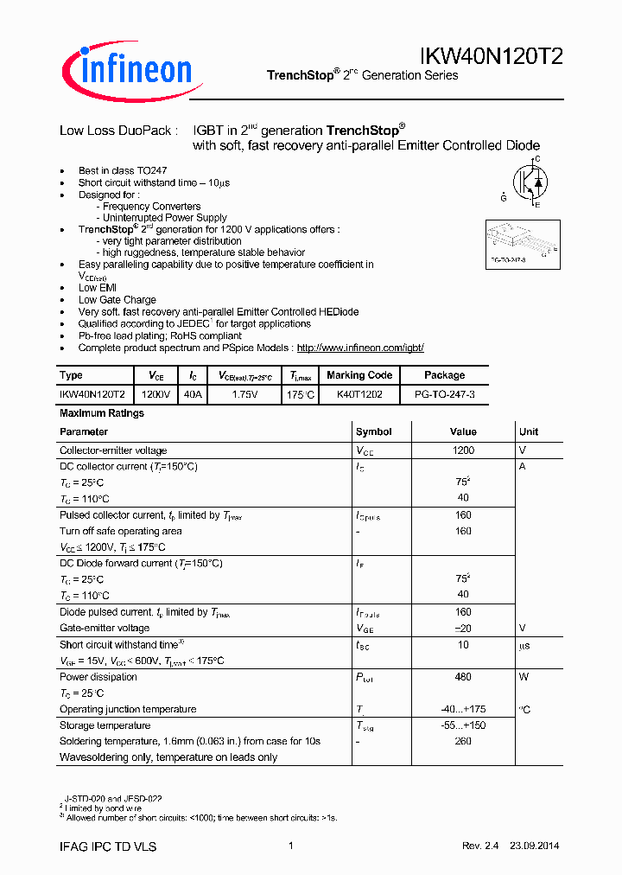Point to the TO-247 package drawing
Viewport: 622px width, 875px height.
(520, 242)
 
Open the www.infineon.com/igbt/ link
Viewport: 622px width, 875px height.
(360, 348)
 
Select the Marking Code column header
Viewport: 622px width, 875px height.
(359, 375)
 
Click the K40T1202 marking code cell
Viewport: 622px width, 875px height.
(359, 393)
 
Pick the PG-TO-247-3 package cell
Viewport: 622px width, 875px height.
(444, 393)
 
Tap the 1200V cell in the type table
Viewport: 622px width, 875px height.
(155, 393)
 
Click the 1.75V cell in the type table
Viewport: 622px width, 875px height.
(244, 393)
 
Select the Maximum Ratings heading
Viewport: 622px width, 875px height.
(101, 413)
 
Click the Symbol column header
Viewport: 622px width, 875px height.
(373, 431)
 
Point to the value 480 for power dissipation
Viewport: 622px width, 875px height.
(463, 677)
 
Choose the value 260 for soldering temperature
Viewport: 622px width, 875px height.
(463, 741)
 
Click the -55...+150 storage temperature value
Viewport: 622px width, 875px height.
(463, 725)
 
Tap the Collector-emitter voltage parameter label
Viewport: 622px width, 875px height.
(113, 450)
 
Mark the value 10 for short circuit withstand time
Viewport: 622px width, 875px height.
(463, 645)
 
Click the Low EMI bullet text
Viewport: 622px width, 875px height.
(98, 288)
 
